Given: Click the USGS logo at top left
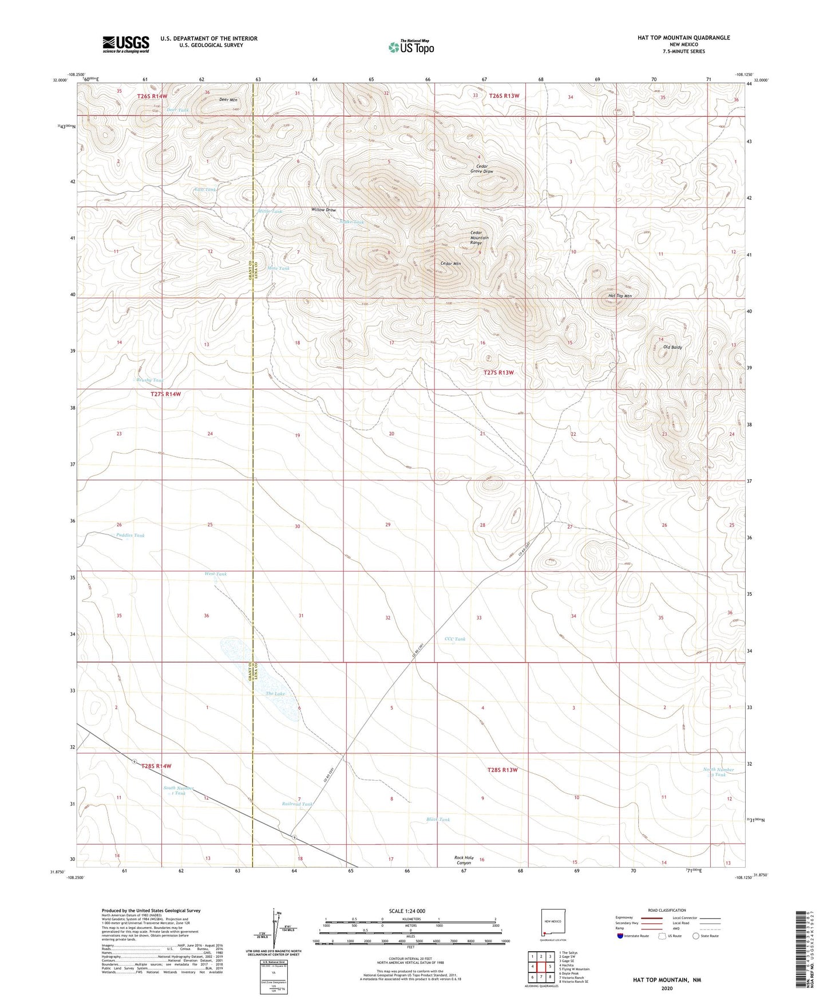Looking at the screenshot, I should coord(126,44).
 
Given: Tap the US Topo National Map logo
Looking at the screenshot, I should coord(411,47).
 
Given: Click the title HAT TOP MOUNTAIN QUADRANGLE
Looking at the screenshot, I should coord(683,38).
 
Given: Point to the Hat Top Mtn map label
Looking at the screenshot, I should coord(620,296).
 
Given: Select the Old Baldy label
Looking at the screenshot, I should coord(672,348).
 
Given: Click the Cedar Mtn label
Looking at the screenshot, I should coord(450,263).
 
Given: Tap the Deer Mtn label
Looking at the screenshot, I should coord(228,100).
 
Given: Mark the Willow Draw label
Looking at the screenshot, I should coord(324,210).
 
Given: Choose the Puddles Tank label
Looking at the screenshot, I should coord(130,536).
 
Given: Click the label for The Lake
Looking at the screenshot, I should coord(275,694).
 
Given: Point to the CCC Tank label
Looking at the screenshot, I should coord(455,639).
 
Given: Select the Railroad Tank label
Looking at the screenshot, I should coord(298,804).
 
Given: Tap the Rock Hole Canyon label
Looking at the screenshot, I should coord(464,860).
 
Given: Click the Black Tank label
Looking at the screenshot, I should coord(438,820).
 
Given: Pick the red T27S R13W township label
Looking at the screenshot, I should coord(499,372).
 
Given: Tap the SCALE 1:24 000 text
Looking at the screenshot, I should coord(407,911).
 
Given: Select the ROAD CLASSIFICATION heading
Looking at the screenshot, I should coord(667,910).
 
